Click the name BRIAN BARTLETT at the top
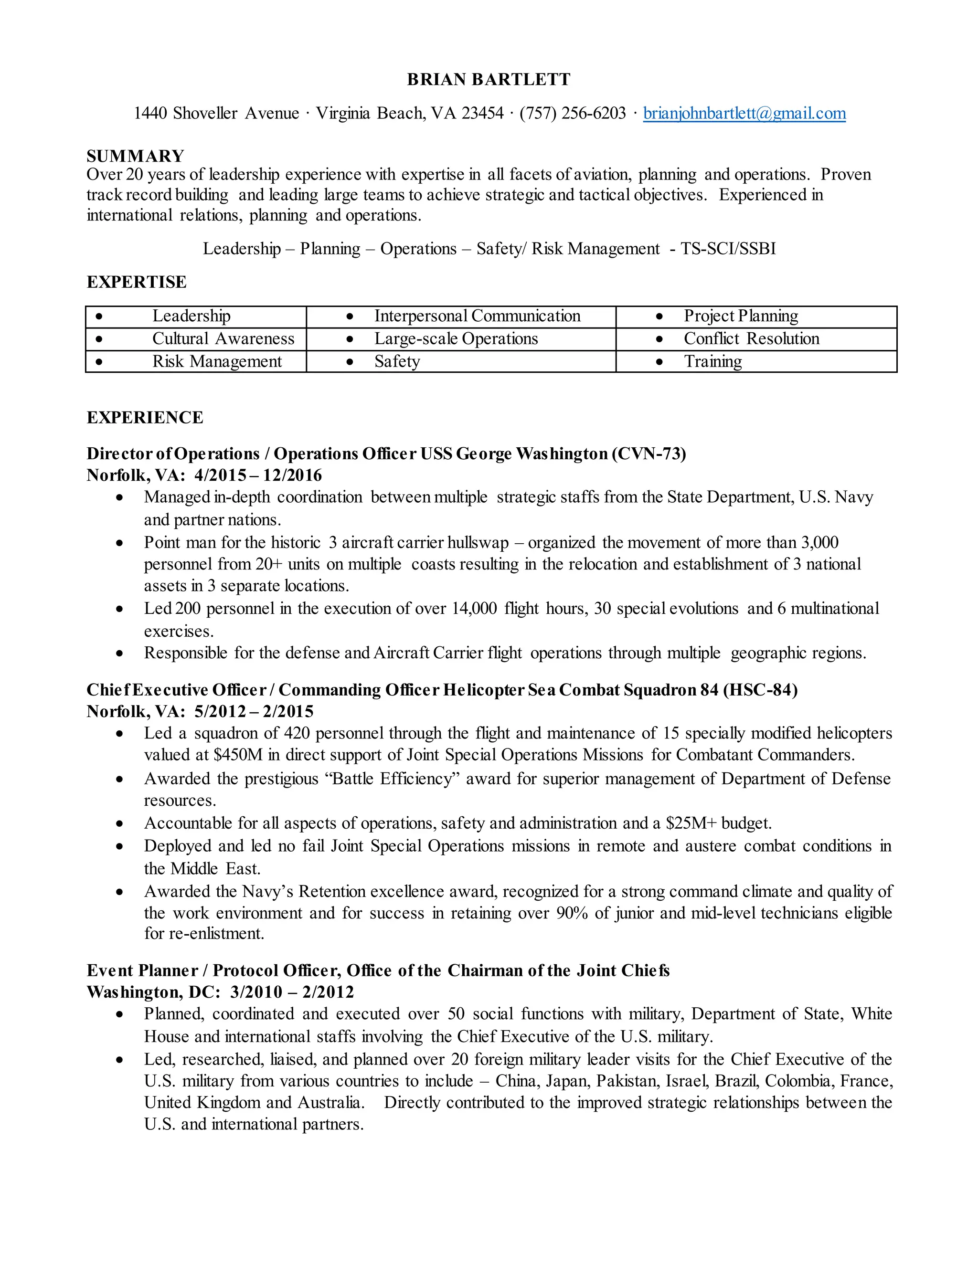489,79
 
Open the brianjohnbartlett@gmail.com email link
744,113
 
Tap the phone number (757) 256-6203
573,113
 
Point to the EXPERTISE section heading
136,282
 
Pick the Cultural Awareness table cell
223,338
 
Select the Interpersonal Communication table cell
477,316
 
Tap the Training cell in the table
712,361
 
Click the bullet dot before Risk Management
99,362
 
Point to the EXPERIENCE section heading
145,418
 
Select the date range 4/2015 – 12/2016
258,475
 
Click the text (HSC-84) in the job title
760,690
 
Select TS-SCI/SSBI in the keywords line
728,249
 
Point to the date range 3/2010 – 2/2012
291,992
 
